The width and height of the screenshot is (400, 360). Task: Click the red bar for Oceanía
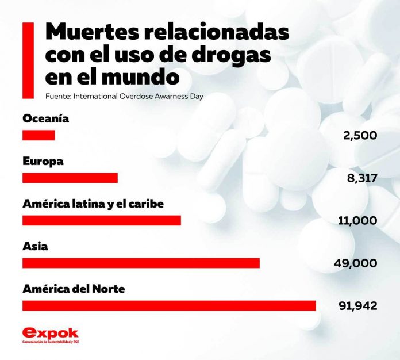39,136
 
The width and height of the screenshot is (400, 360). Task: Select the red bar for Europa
70,178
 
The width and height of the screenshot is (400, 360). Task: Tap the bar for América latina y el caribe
102,221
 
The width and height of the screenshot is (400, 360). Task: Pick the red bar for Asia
141,263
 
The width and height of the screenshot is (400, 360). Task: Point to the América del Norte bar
169,305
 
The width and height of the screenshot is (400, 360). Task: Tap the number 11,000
357,221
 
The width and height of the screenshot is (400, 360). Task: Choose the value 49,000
355,263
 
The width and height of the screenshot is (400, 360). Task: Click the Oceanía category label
46,119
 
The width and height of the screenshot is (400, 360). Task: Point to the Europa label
43,162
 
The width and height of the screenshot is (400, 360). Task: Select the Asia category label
35,246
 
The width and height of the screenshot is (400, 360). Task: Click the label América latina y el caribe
94,204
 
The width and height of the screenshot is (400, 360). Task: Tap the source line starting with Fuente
124,96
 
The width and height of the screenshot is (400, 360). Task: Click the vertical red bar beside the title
26,60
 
